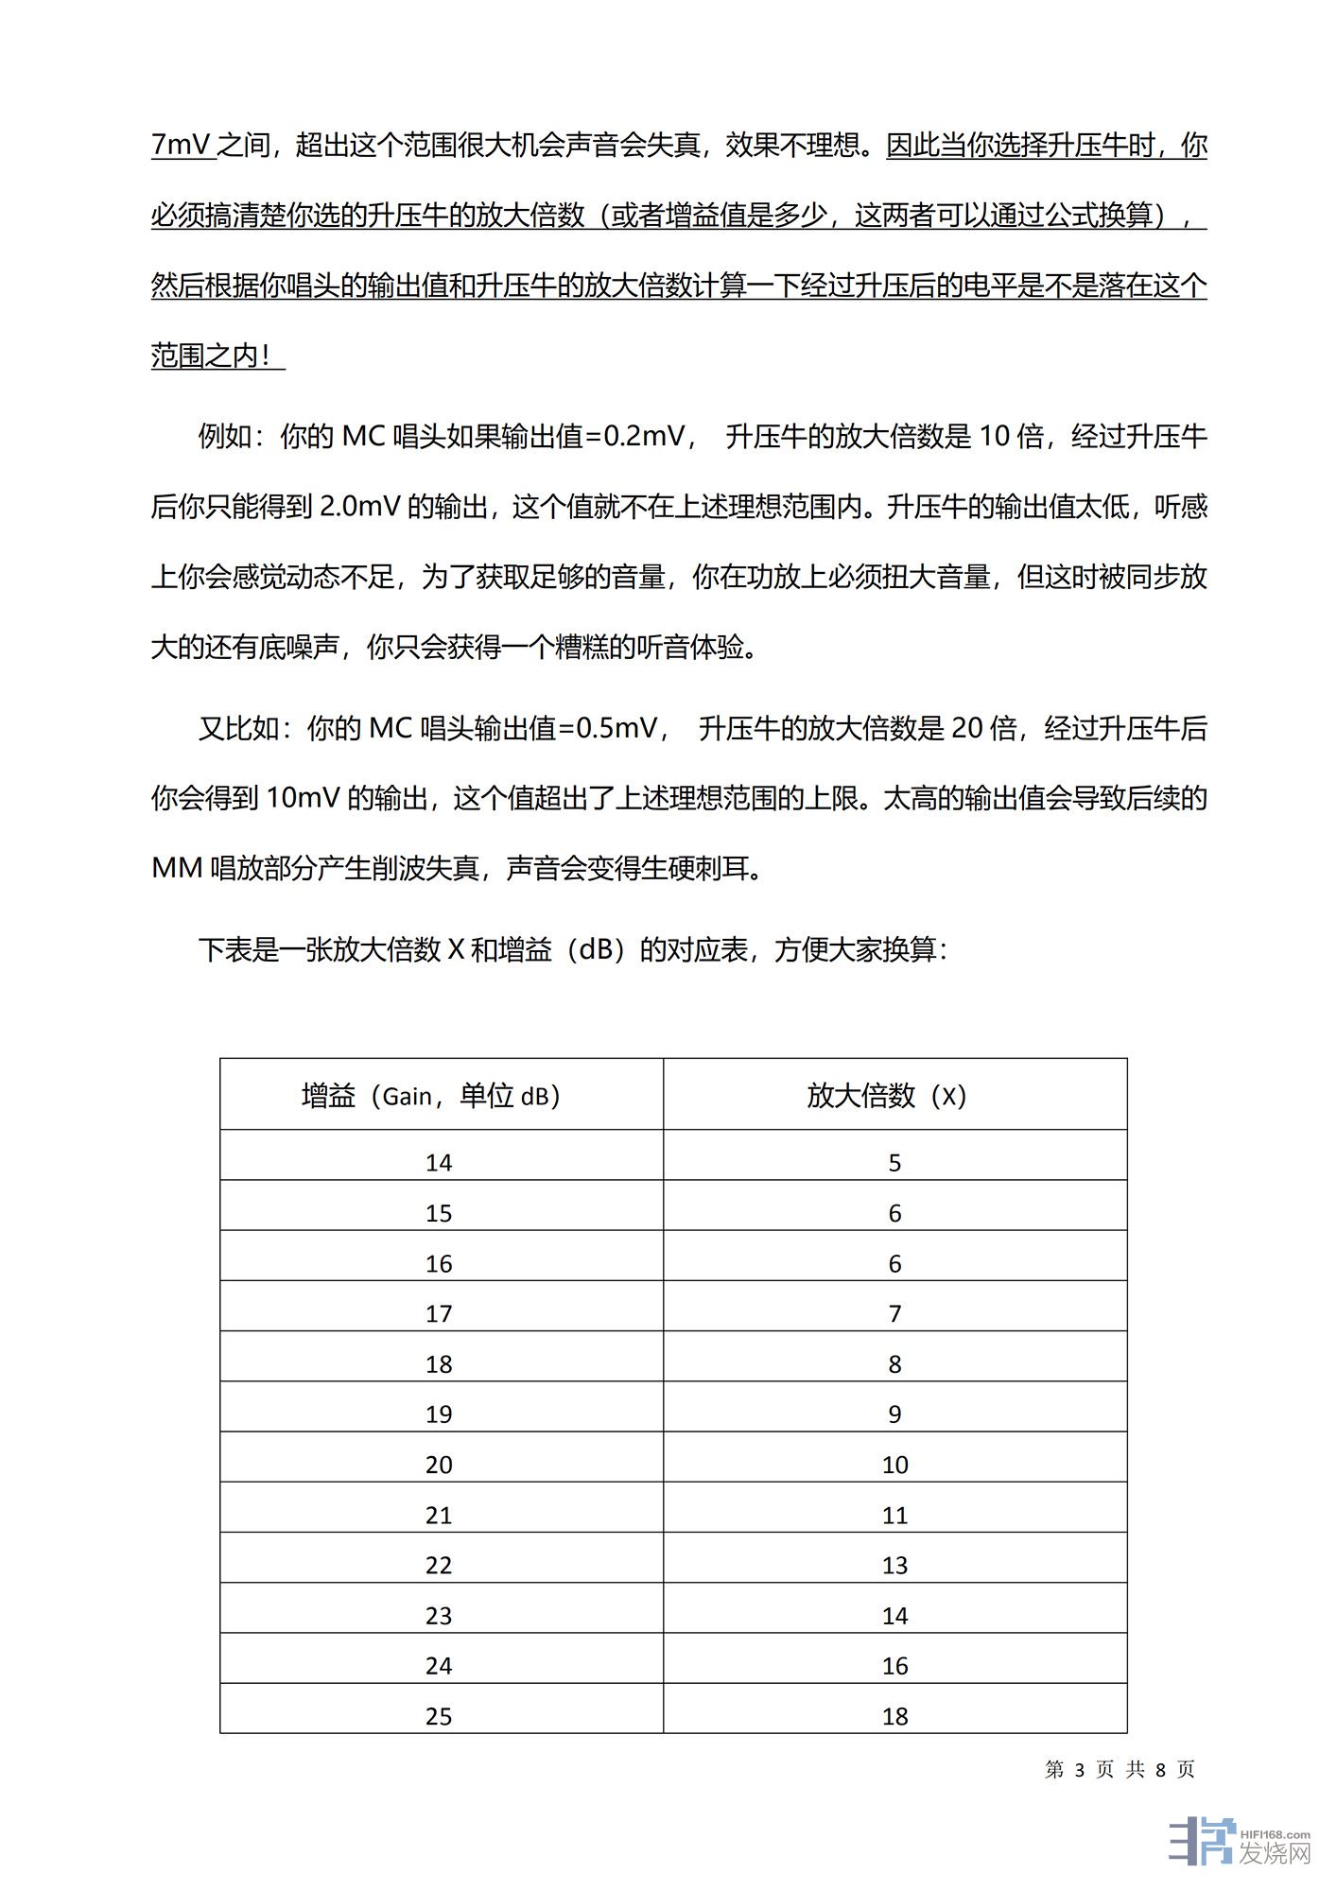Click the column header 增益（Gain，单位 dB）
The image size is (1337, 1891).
click(x=431, y=1096)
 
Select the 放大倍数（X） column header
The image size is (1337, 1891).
click(x=887, y=1096)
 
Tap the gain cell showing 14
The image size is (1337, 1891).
click(x=439, y=1163)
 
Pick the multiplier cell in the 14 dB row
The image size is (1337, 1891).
click(x=894, y=1163)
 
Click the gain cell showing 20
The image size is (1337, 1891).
click(x=439, y=1465)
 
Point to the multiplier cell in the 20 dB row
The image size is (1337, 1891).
click(x=894, y=1465)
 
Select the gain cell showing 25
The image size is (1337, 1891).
click(x=439, y=1716)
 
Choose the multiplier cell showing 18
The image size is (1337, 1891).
click(x=894, y=1716)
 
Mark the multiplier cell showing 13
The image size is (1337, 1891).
click(x=894, y=1566)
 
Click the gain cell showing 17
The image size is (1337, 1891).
click(x=439, y=1313)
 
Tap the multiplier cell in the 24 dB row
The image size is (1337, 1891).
click(x=894, y=1666)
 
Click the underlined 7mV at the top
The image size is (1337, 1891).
click(x=182, y=146)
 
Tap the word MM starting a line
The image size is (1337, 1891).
click(x=177, y=869)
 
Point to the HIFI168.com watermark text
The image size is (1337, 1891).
click(x=1276, y=1834)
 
